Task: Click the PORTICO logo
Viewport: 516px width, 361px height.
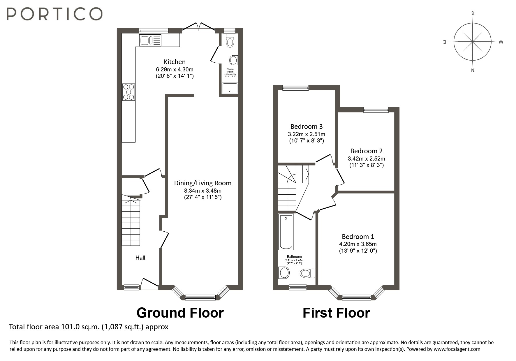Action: click(x=54, y=14)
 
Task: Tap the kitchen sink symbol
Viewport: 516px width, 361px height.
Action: click(x=150, y=40)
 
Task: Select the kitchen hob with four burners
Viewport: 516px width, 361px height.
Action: click(x=128, y=92)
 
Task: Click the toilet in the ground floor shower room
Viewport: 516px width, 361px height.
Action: click(x=230, y=41)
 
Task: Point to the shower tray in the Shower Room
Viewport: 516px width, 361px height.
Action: click(x=230, y=88)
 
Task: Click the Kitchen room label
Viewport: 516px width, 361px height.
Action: click(x=175, y=62)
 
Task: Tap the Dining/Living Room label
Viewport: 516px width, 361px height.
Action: click(x=202, y=183)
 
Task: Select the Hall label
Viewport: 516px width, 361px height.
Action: click(x=140, y=258)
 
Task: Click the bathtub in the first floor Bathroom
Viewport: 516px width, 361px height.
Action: click(x=286, y=232)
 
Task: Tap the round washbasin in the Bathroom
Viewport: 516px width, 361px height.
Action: click(x=284, y=273)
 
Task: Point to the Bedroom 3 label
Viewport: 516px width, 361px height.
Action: click(x=306, y=126)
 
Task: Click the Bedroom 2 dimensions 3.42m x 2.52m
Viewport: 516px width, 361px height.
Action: click(x=366, y=159)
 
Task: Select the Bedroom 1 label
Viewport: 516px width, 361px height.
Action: click(x=358, y=237)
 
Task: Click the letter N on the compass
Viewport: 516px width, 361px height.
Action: click(x=473, y=70)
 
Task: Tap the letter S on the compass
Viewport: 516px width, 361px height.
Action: click(x=473, y=13)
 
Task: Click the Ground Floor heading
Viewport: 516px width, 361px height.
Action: click(x=180, y=313)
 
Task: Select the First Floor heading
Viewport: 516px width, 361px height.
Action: click(x=336, y=313)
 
